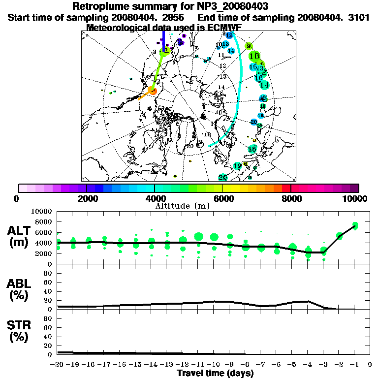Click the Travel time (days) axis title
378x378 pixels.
point(215,374)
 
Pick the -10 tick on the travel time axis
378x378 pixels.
point(215,365)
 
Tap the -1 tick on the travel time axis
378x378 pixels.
point(355,365)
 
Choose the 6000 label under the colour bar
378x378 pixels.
point(222,198)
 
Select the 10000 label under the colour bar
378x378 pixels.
point(356,198)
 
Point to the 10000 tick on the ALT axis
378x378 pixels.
point(42,211)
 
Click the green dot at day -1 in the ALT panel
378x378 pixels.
point(355,226)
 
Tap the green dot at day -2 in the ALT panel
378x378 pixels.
point(340,236)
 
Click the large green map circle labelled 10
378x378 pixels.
point(254,56)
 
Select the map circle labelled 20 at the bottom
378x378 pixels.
point(222,178)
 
